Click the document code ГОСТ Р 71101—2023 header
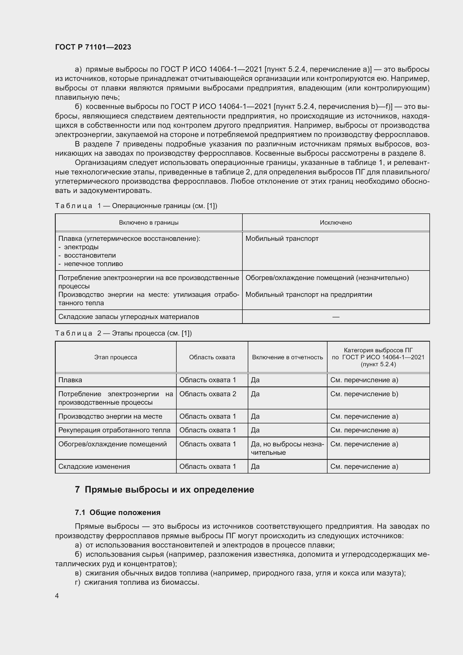tap(93, 47)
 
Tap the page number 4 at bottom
tap(57, 596)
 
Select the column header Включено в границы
tap(149, 223)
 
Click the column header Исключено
tap(336, 223)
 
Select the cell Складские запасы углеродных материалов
tap(128, 317)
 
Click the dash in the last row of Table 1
tap(336, 317)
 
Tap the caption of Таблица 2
tap(123, 333)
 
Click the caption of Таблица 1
tap(136, 206)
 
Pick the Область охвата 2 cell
tap(207, 394)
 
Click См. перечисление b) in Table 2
tap(364, 394)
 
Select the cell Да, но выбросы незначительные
tap(287, 448)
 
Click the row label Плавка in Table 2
tap(70, 380)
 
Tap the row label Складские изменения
tap(94, 467)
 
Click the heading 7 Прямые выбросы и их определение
tap(165, 489)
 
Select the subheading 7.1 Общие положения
tap(118, 513)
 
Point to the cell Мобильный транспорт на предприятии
tap(308, 294)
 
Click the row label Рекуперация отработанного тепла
tap(114, 430)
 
